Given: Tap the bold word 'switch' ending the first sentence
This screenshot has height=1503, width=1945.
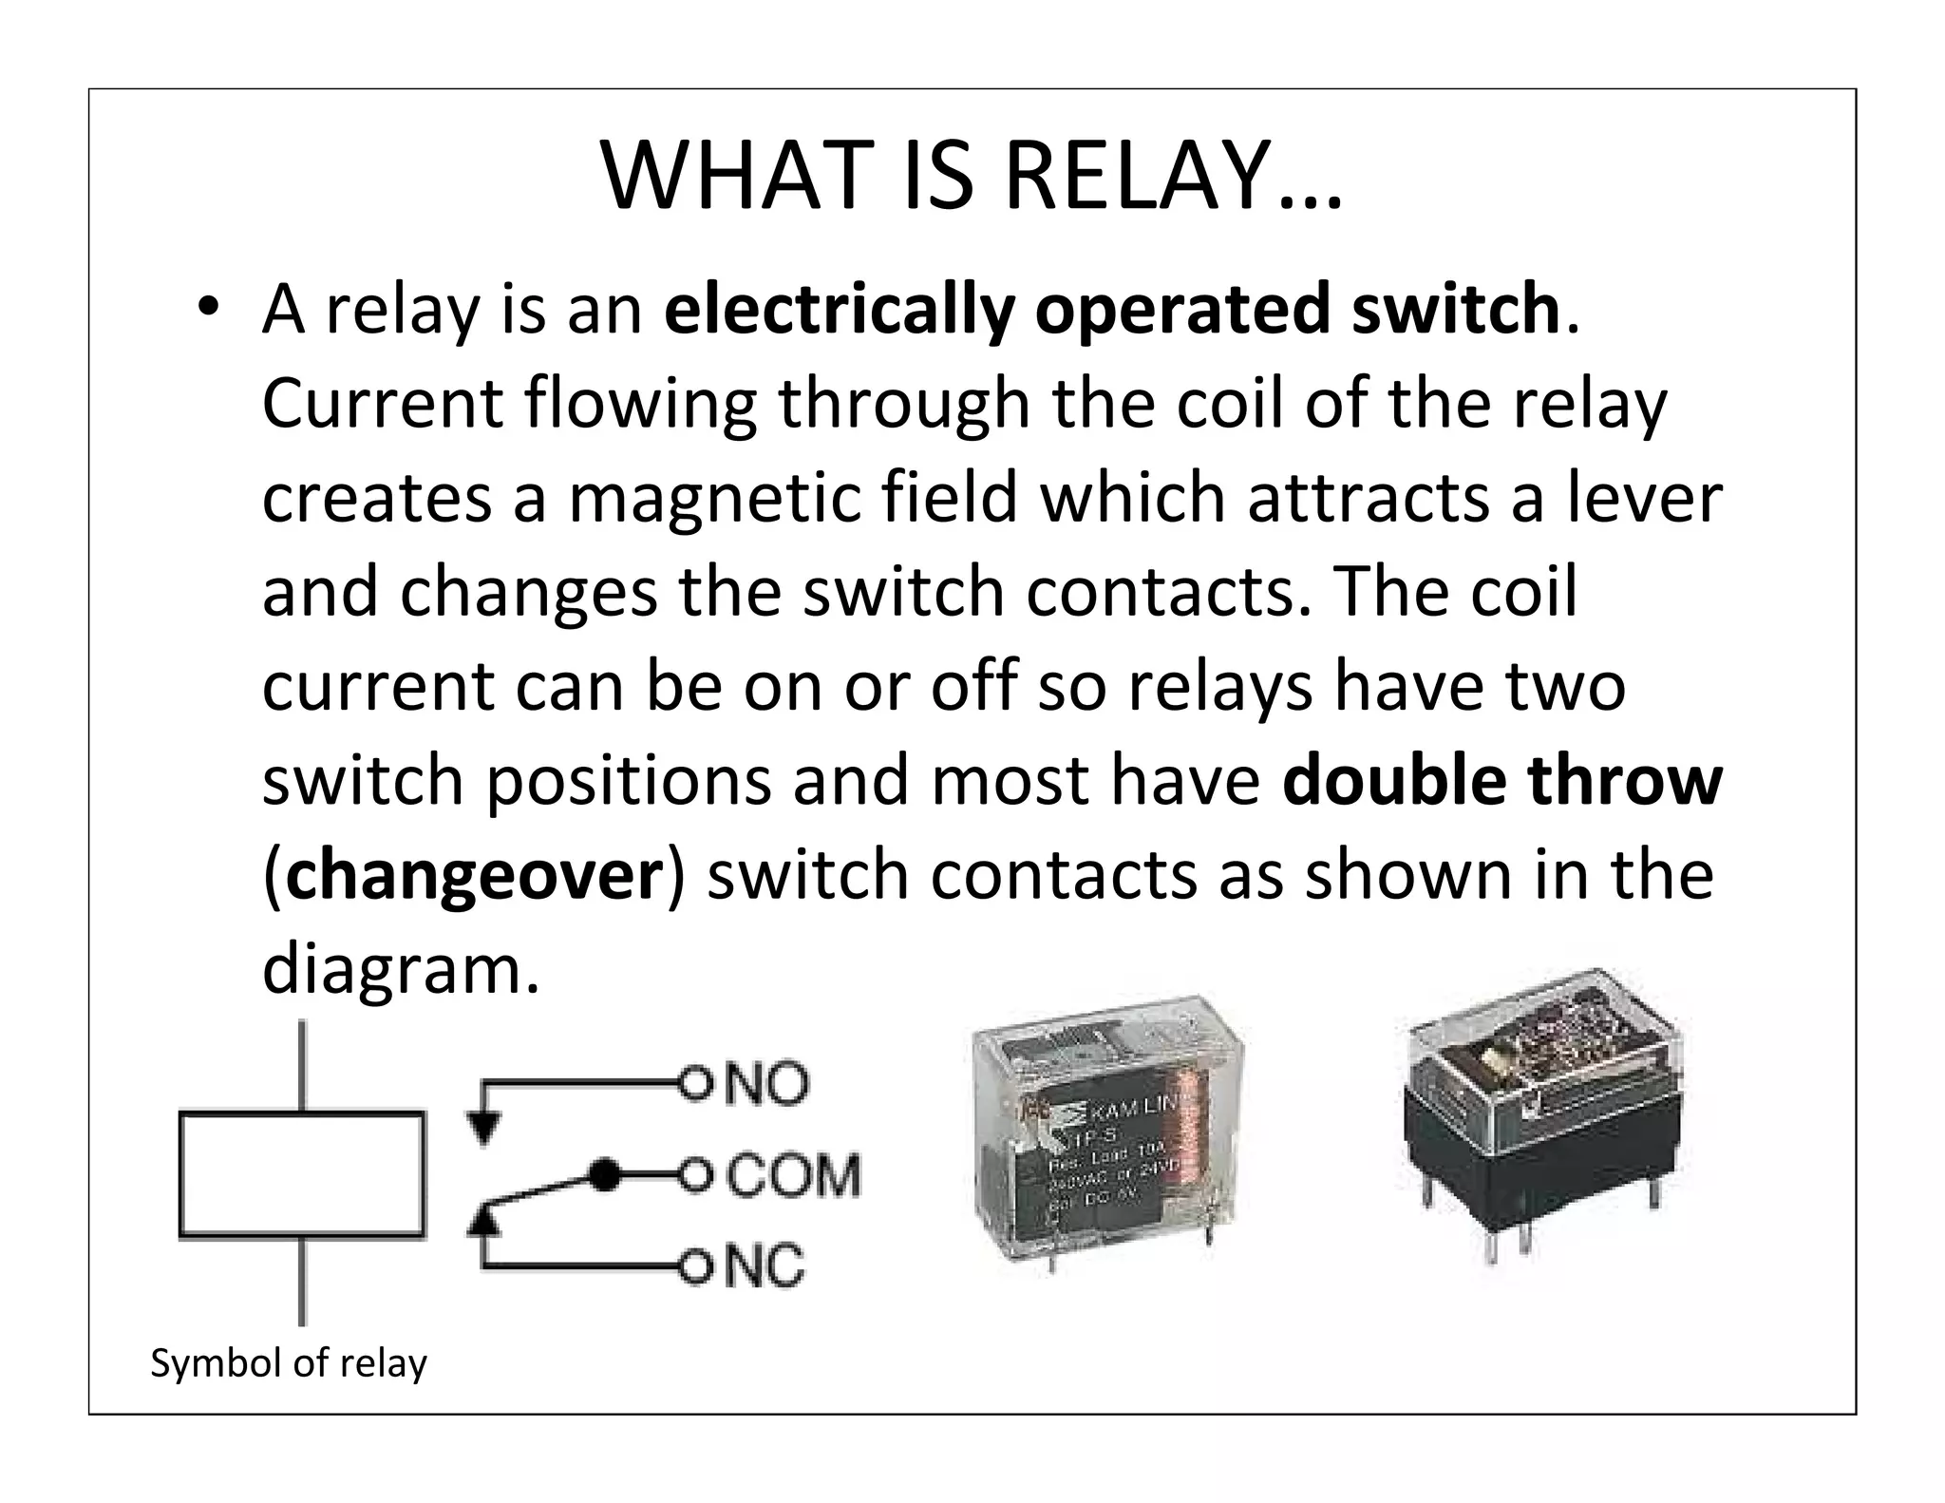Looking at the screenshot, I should pyautogui.click(x=1456, y=310).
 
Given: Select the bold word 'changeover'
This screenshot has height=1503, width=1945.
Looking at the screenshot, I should pyautogui.click(x=473, y=875).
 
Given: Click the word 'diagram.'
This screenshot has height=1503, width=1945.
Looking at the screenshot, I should pyautogui.click(x=400, y=970).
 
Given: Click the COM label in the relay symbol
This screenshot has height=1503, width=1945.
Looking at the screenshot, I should pyautogui.click(x=794, y=1176).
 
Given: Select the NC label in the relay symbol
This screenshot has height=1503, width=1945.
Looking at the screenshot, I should pyautogui.click(x=765, y=1266).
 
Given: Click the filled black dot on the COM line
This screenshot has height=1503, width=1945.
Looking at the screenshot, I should pyautogui.click(x=602, y=1176).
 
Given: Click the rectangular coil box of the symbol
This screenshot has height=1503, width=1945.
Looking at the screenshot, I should pyautogui.click(x=301, y=1175).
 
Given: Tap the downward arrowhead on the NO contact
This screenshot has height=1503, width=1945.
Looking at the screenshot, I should pyautogui.click(x=482, y=1128).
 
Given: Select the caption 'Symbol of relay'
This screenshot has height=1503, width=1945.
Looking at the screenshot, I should pyautogui.click(x=289, y=1363).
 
